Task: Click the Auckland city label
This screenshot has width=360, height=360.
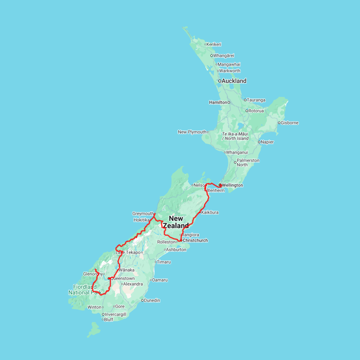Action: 234,81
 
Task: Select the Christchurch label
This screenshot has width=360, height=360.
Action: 195,240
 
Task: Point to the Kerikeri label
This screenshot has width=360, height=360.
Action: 214,44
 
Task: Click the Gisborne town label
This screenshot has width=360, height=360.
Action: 290,123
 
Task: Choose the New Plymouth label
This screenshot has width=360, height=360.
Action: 192,132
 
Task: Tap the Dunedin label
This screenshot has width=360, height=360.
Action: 152,300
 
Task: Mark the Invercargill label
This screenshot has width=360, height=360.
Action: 115,314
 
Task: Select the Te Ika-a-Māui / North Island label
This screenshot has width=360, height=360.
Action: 235,136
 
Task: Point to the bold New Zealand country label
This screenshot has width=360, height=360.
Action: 176,222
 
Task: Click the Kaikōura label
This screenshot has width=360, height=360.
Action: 210,212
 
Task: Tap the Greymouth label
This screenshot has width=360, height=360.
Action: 143,214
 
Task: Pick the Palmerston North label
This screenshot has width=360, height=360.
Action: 248,162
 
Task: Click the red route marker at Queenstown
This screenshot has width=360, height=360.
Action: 109,278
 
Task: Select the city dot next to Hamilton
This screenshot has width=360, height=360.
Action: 229,102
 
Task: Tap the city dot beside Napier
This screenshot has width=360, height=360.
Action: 259,142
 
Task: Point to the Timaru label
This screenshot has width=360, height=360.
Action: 164,262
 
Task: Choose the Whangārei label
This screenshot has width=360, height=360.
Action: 224,56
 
